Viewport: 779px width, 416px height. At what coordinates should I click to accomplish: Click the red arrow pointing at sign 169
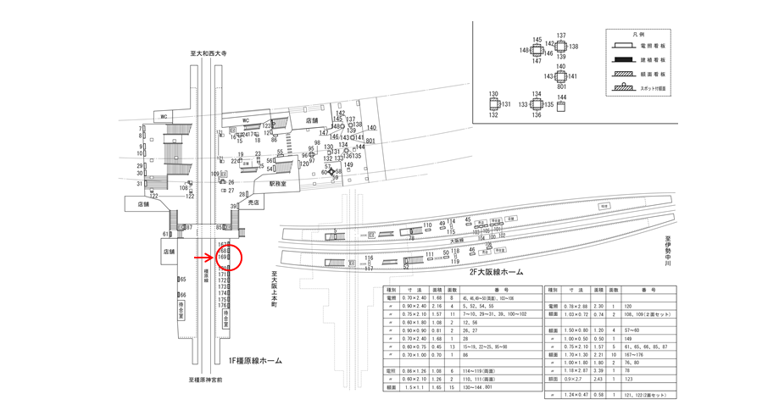203,256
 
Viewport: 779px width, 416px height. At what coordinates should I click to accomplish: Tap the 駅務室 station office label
279,183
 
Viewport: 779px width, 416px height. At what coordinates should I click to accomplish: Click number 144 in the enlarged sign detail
562,97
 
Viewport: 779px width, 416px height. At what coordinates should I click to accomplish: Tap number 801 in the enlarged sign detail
560,86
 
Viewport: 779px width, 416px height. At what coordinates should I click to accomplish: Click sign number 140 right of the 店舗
370,128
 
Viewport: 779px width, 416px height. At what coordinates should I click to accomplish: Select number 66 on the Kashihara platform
182,295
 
